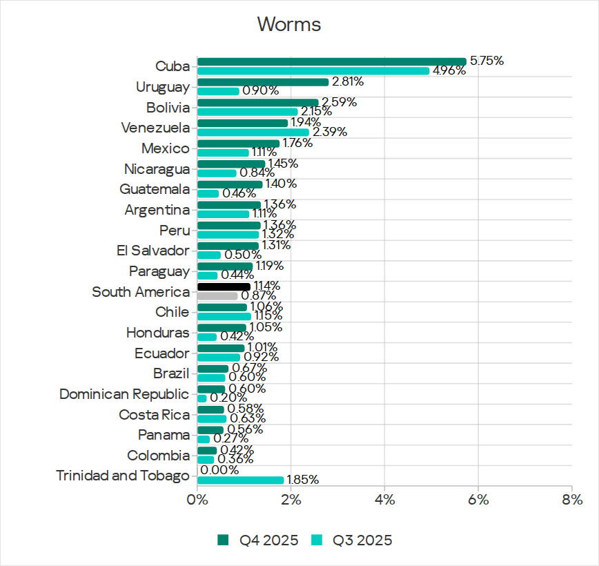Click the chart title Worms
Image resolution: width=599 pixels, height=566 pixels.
point(289,24)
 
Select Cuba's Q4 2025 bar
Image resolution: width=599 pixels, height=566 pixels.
point(331,61)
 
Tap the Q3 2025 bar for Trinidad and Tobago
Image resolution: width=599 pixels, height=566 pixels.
point(240,480)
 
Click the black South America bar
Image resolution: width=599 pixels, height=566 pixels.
point(224,286)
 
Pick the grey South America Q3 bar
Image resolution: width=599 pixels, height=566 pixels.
point(217,296)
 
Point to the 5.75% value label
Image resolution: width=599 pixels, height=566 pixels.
point(487,61)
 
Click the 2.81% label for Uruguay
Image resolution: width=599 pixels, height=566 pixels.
point(348,81)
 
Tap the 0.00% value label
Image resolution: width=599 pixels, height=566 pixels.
point(219,470)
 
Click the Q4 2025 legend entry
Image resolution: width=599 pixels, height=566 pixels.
point(258,540)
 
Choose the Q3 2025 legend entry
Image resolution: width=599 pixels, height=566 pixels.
point(353,540)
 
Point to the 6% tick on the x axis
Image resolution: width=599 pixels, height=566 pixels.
point(478,498)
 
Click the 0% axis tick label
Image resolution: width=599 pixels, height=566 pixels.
point(197,498)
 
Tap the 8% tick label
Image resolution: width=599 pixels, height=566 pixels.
point(571,498)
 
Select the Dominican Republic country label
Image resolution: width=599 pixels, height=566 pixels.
point(124,394)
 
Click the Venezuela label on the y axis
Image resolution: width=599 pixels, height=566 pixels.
point(155,128)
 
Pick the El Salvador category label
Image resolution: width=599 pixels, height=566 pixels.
point(153,251)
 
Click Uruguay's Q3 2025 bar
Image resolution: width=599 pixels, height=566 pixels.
point(218,91)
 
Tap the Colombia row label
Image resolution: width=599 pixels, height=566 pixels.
point(158,456)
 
